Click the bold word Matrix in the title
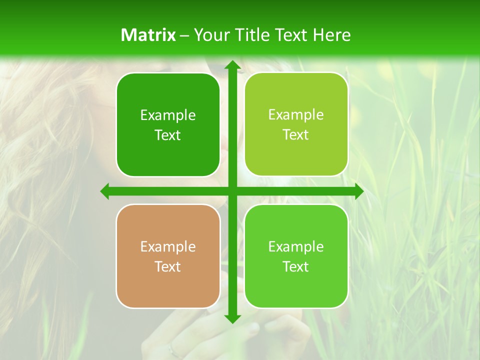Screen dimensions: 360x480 148,35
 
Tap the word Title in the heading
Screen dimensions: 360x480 254,35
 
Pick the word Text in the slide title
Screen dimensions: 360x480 292,35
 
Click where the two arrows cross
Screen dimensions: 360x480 231,191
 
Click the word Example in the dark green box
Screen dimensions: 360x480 168,115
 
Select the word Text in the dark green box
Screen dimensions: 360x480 168,135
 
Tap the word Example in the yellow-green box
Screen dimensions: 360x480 296,115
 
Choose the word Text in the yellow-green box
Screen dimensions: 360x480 296,134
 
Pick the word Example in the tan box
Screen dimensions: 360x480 168,247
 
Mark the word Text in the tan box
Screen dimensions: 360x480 168,266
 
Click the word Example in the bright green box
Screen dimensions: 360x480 296,247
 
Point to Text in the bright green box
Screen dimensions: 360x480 296,266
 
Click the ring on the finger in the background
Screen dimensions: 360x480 172,350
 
